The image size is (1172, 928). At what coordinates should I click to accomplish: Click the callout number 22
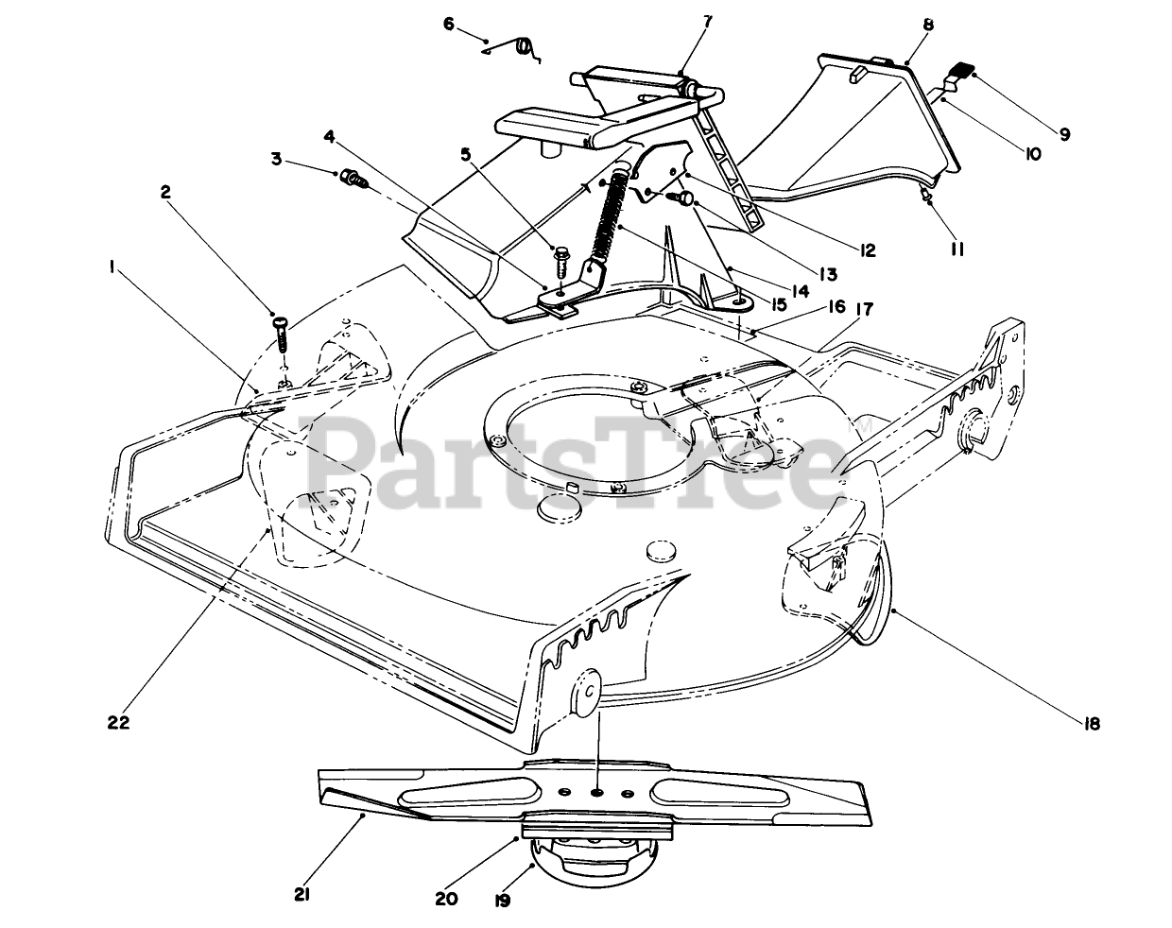(117, 722)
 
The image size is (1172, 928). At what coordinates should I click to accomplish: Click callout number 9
(1064, 134)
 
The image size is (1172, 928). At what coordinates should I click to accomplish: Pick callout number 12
(866, 250)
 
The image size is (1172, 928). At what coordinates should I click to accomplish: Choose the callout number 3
(277, 159)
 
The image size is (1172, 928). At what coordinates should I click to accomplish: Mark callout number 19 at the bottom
(502, 901)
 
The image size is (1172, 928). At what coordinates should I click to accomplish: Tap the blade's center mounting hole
(597, 789)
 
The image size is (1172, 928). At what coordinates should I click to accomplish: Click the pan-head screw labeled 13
(683, 197)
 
